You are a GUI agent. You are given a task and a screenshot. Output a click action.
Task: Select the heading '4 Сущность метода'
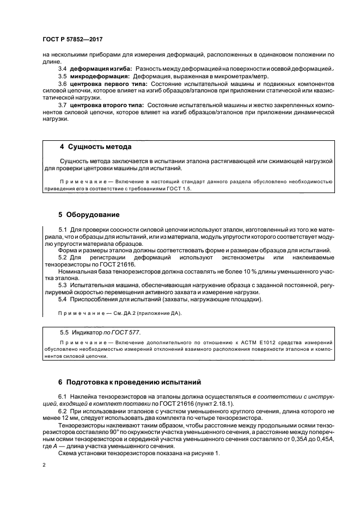point(95,147)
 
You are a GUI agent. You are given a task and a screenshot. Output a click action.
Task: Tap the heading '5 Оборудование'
point(89,214)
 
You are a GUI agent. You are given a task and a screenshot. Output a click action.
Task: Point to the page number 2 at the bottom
point(44,465)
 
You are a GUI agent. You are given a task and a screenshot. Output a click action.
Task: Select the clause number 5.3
point(62,284)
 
